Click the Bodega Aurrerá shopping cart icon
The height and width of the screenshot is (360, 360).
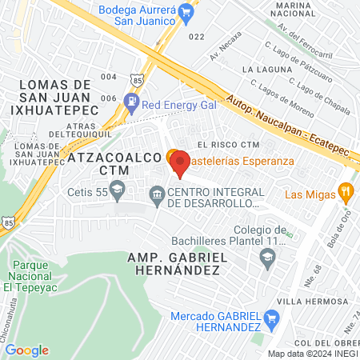click(x=186, y=11)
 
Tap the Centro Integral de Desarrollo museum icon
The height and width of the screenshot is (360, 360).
click(x=158, y=193)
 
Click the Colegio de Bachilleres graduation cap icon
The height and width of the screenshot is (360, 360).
click(x=267, y=256)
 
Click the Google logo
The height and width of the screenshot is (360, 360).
click(x=26, y=350)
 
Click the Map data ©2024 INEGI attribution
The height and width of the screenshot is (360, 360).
click(x=312, y=354)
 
